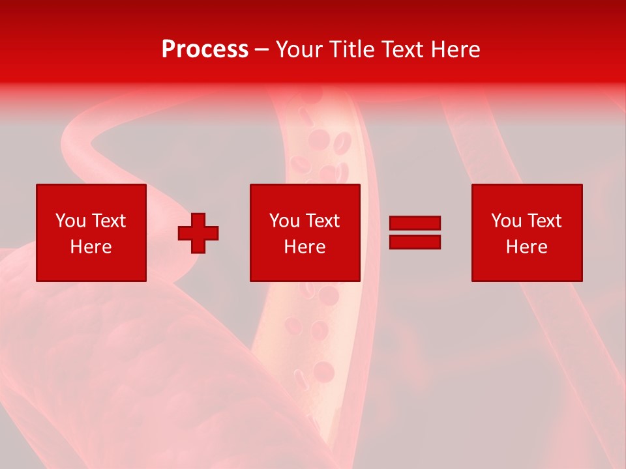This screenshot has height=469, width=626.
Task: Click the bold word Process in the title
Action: pyautogui.click(x=205, y=50)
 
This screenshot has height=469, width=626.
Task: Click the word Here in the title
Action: pyautogui.click(x=456, y=50)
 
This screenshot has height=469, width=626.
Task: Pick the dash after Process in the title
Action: pyautogui.click(x=262, y=50)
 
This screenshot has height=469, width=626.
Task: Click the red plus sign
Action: pyautogui.click(x=198, y=233)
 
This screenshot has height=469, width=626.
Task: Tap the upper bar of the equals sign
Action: pyautogui.click(x=415, y=223)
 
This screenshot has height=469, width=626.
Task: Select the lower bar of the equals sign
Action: pyautogui.click(x=415, y=242)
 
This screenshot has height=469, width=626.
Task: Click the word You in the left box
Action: pyautogui.click(x=70, y=221)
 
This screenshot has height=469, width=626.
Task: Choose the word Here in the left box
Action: pyautogui.click(x=91, y=247)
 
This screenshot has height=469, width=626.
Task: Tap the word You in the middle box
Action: pyautogui.click(x=284, y=221)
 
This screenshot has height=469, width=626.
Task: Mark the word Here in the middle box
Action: pyautogui.click(x=305, y=247)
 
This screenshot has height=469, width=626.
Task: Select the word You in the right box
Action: pyautogui.click(x=506, y=221)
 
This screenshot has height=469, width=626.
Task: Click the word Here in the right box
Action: pyautogui.click(x=526, y=247)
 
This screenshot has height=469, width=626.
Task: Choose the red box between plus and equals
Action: pyautogui.click(x=305, y=267)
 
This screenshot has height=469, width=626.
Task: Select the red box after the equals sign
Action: pyautogui.click(x=527, y=267)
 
